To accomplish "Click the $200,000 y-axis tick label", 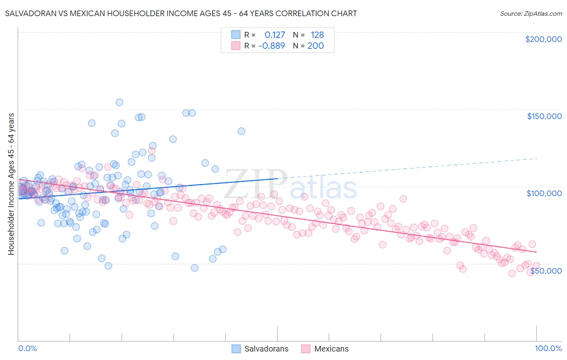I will [543, 39].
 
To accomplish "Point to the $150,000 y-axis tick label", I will [544, 116].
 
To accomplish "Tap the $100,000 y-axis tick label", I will [544, 193].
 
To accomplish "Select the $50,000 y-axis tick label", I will [546, 271].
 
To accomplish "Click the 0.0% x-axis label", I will [27, 348].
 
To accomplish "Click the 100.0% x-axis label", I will [548, 348].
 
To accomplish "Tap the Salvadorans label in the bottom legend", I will [266, 349].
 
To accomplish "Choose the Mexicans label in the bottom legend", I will [331, 349].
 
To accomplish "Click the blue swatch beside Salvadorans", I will [236, 349].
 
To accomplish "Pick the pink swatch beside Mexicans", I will [306, 349].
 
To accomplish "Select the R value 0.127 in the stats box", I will [275, 35].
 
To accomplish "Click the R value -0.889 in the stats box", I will [272, 46].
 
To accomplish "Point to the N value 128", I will [317, 35].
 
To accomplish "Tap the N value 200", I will [315, 46].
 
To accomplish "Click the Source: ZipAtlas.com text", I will [531, 14].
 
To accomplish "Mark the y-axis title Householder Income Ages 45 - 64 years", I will [11, 184].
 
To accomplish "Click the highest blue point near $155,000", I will [119, 103].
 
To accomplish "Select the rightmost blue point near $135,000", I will [241, 131].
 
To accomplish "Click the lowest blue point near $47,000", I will [194, 268].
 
